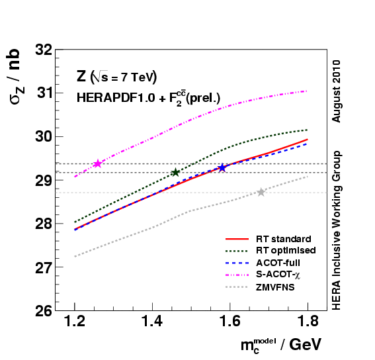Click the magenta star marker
98,163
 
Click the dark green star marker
175,172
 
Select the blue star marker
222,167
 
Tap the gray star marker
261,192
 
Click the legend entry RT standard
283,238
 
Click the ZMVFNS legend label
276,288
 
